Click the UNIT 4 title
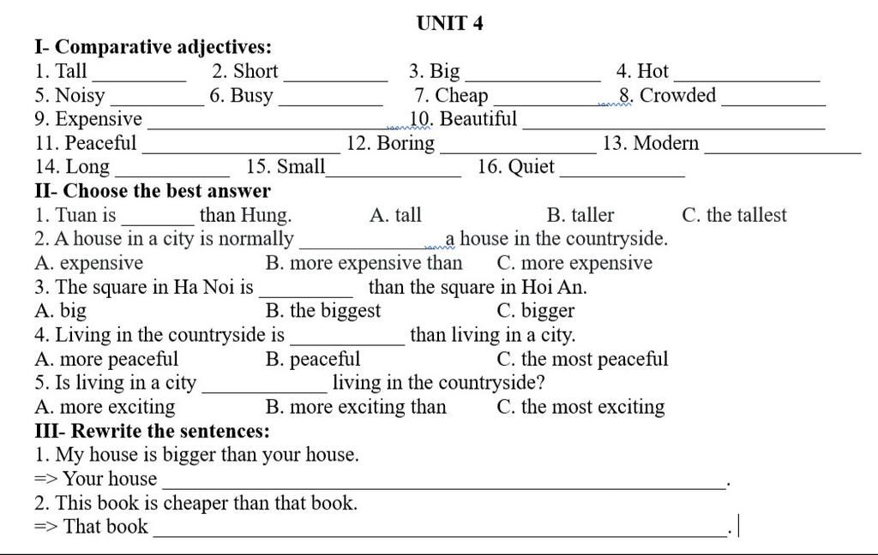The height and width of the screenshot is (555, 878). click(x=449, y=23)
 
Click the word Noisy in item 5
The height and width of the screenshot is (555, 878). click(x=80, y=96)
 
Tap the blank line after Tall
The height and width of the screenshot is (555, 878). click(x=140, y=81)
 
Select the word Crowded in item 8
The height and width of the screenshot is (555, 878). click(x=677, y=95)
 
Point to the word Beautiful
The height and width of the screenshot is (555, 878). click(x=478, y=118)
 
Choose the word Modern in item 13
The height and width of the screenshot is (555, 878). click(x=665, y=143)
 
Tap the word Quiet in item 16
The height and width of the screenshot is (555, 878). click(x=531, y=167)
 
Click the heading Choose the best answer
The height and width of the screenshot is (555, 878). click(x=167, y=191)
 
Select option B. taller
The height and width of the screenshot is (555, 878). click(x=580, y=215)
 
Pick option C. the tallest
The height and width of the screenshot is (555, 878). click(x=734, y=215)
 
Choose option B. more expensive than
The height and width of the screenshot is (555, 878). click(x=364, y=263)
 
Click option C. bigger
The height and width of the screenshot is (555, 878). click(x=535, y=311)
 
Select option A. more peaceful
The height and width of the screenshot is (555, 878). click(x=106, y=359)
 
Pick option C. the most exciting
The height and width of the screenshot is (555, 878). click(x=580, y=407)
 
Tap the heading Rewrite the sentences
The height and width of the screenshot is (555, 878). click(x=171, y=431)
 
